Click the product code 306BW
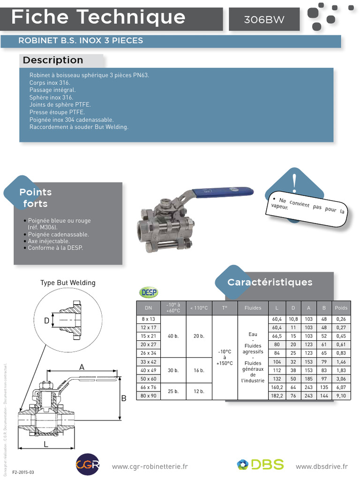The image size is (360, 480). [264, 20]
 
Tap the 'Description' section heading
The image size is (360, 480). [53, 60]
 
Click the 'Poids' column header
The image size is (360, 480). [341, 308]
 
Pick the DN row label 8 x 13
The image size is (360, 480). [148, 319]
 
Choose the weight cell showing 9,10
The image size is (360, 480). [341, 396]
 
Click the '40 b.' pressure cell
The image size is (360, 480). [173, 336]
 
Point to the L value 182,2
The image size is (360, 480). [277, 396]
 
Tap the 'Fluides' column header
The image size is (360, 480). [253, 308]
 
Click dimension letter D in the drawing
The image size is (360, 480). [46, 321]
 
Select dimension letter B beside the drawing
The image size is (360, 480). [124, 398]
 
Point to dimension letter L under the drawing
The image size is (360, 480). [46, 444]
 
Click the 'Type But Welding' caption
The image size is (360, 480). [68, 283]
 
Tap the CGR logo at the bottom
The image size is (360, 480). [88, 465]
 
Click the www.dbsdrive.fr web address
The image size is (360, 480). [322, 466]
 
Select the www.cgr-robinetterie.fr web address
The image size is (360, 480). [150, 466]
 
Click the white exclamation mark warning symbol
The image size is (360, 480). [294, 181]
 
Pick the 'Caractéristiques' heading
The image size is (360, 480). [270, 282]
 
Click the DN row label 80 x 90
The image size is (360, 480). [148, 396]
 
